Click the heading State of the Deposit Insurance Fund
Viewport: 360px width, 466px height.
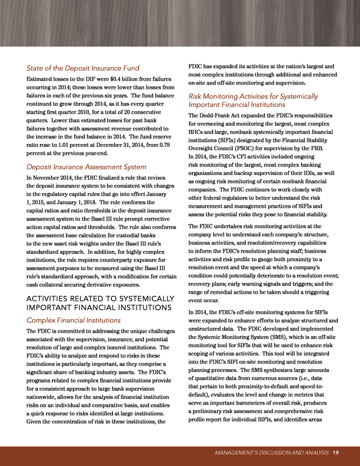pyautogui.click(x=83, y=69)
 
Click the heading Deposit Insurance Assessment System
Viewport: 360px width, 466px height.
pyautogui.click(x=87, y=167)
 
